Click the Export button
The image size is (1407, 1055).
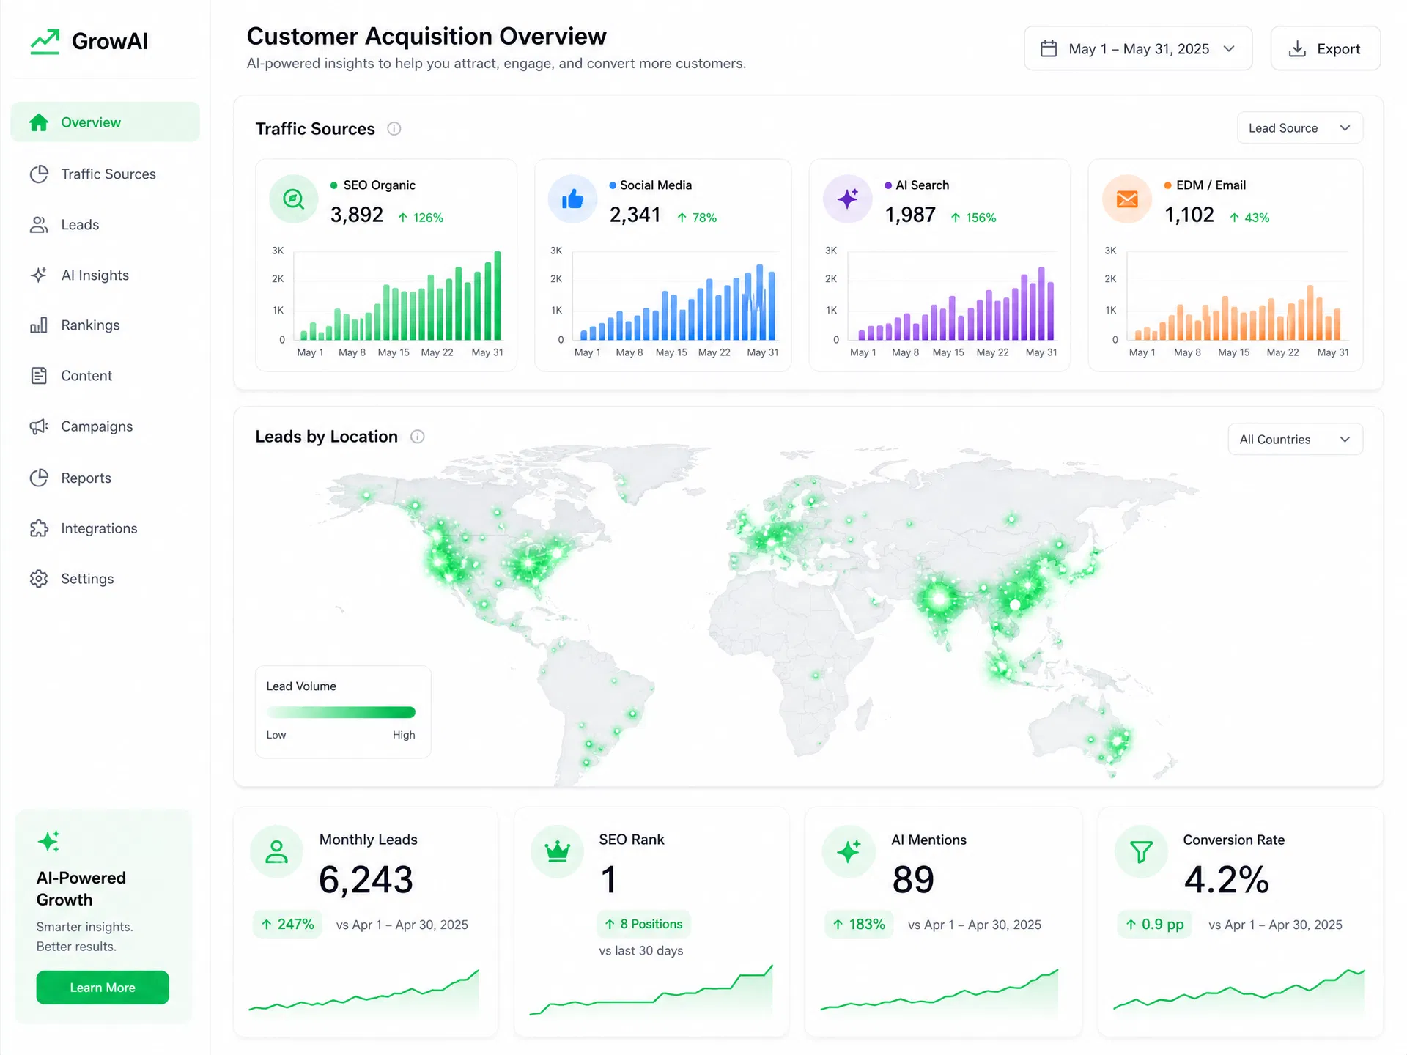point(1325,48)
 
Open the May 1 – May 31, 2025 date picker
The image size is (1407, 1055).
point(1137,48)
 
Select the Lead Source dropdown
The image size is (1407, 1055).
point(1299,128)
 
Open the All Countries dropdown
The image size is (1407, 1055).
point(1295,440)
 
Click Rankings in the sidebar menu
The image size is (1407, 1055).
point(90,325)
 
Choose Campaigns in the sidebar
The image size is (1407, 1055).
point(97,426)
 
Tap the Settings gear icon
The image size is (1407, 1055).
point(39,579)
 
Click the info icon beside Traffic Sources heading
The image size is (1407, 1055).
point(394,129)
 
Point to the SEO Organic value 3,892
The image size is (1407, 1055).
point(357,215)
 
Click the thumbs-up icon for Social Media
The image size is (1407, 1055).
point(572,199)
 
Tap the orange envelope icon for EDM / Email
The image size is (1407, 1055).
point(1127,199)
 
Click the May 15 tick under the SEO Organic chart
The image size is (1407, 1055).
point(394,352)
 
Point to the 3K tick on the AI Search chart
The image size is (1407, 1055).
point(831,251)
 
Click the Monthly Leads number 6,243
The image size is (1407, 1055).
point(366,879)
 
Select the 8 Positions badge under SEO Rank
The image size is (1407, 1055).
point(643,925)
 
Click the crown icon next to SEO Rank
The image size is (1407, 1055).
point(558,851)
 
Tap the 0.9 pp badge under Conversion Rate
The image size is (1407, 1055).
point(1155,925)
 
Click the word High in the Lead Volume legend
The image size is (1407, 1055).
point(404,735)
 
